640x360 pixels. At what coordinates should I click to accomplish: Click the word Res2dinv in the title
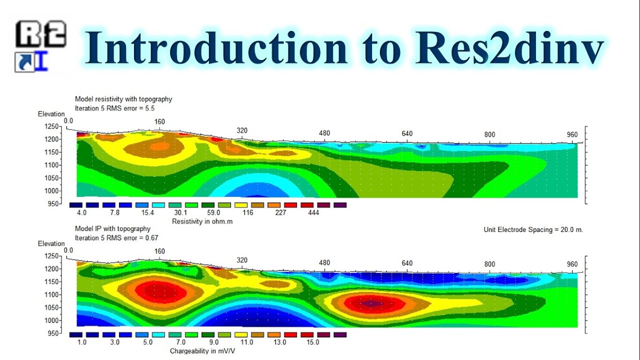pyautogui.click(x=508, y=48)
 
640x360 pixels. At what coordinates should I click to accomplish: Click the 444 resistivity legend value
pyautogui.click(x=313, y=212)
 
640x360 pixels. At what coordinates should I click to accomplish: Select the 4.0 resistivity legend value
pyautogui.click(x=82, y=212)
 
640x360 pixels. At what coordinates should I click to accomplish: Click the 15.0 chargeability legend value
pyautogui.click(x=312, y=342)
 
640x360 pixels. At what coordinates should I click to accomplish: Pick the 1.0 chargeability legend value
pyautogui.click(x=82, y=342)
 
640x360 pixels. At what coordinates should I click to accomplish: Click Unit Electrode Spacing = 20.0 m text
pyautogui.click(x=533, y=230)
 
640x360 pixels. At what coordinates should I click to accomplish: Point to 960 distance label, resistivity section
pyautogui.click(x=572, y=134)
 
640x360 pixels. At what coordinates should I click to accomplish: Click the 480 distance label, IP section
pyautogui.click(x=324, y=263)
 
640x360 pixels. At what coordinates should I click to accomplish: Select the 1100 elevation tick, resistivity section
pyautogui.click(x=52, y=165)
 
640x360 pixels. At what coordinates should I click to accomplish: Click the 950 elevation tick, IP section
pyautogui.click(x=52, y=333)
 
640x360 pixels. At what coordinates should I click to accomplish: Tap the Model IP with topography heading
pyautogui.click(x=112, y=229)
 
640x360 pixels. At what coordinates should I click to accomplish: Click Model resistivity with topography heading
pyautogui.click(x=123, y=99)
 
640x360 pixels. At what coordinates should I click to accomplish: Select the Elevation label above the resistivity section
pyautogui.click(x=51, y=114)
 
